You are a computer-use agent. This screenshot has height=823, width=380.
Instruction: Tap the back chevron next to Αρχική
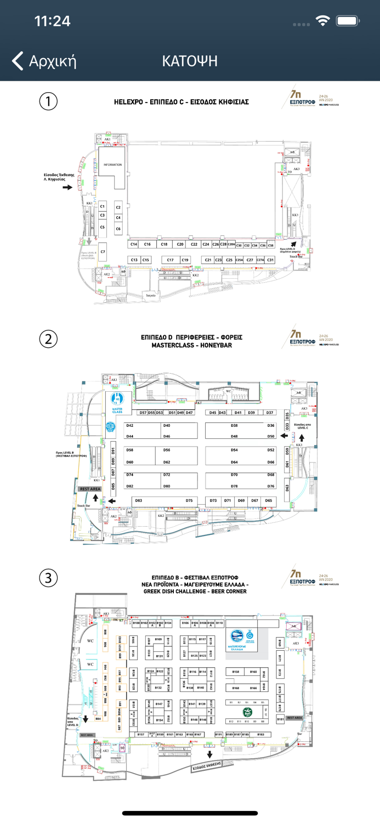click(x=18, y=61)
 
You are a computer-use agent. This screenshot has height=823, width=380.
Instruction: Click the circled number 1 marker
click(x=48, y=102)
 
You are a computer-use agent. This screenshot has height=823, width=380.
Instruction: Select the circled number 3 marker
click(x=48, y=578)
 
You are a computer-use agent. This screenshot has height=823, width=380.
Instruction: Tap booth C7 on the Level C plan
click(x=103, y=252)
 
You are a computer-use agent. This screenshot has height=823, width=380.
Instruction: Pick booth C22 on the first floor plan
click(x=194, y=244)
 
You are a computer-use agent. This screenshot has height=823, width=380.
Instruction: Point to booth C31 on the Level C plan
click(x=270, y=260)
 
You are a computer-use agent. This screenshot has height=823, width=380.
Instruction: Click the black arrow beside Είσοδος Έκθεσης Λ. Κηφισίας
click(x=67, y=188)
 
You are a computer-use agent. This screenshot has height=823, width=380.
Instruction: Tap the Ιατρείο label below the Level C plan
click(x=151, y=295)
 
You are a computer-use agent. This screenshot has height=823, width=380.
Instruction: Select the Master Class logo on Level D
click(x=117, y=402)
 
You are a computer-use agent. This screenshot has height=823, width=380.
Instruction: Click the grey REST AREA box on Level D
click(x=90, y=488)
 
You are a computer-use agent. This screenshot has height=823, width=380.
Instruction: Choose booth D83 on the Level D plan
click(x=138, y=500)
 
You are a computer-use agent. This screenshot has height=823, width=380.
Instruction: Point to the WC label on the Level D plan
click(x=228, y=392)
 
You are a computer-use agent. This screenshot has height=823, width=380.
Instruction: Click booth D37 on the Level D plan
click(x=269, y=413)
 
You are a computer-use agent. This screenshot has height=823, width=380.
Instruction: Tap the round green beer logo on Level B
click(x=248, y=712)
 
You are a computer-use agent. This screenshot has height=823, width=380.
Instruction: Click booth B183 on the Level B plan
click(x=261, y=734)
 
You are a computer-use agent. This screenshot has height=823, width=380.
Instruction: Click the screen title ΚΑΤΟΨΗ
click(x=190, y=61)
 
